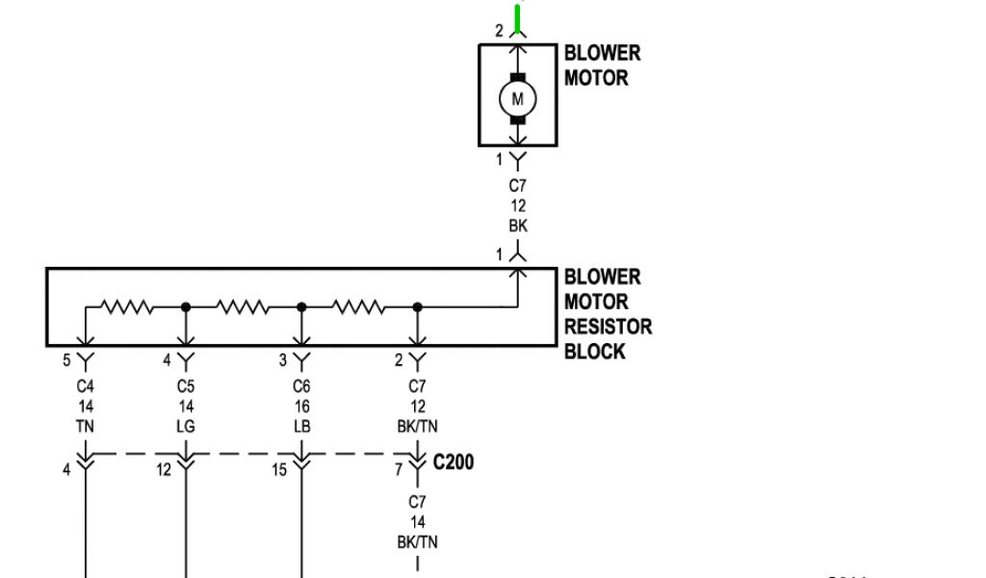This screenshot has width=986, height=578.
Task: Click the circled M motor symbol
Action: click(x=517, y=98)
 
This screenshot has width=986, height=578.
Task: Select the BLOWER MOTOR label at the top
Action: click(x=602, y=66)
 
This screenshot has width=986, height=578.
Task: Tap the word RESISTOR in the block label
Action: click(x=608, y=327)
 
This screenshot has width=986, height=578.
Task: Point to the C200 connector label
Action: click(x=454, y=462)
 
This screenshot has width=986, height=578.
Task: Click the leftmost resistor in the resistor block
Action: click(x=126, y=307)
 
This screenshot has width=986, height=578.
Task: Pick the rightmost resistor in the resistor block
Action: click(x=358, y=307)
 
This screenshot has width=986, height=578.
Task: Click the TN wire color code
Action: click(x=85, y=425)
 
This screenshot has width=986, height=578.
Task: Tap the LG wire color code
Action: click(x=185, y=425)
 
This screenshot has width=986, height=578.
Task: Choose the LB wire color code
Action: click(x=301, y=425)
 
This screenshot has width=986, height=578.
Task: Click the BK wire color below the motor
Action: click(x=518, y=225)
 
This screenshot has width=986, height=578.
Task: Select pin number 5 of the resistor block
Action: click(x=67, y=360)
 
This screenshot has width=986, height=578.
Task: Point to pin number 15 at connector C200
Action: click(x=280, y=470)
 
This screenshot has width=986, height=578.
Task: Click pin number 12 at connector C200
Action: click(x=164, y=470)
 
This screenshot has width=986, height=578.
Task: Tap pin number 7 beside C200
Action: click(x=399, y=470)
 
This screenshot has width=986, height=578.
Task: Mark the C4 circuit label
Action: click(x=85, y=386)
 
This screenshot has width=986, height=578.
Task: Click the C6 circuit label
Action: click(x=301, y=386)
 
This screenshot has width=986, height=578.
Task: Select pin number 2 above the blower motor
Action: click(x=499, y=31)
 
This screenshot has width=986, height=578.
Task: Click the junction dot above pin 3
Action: click(x=301, y=307)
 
